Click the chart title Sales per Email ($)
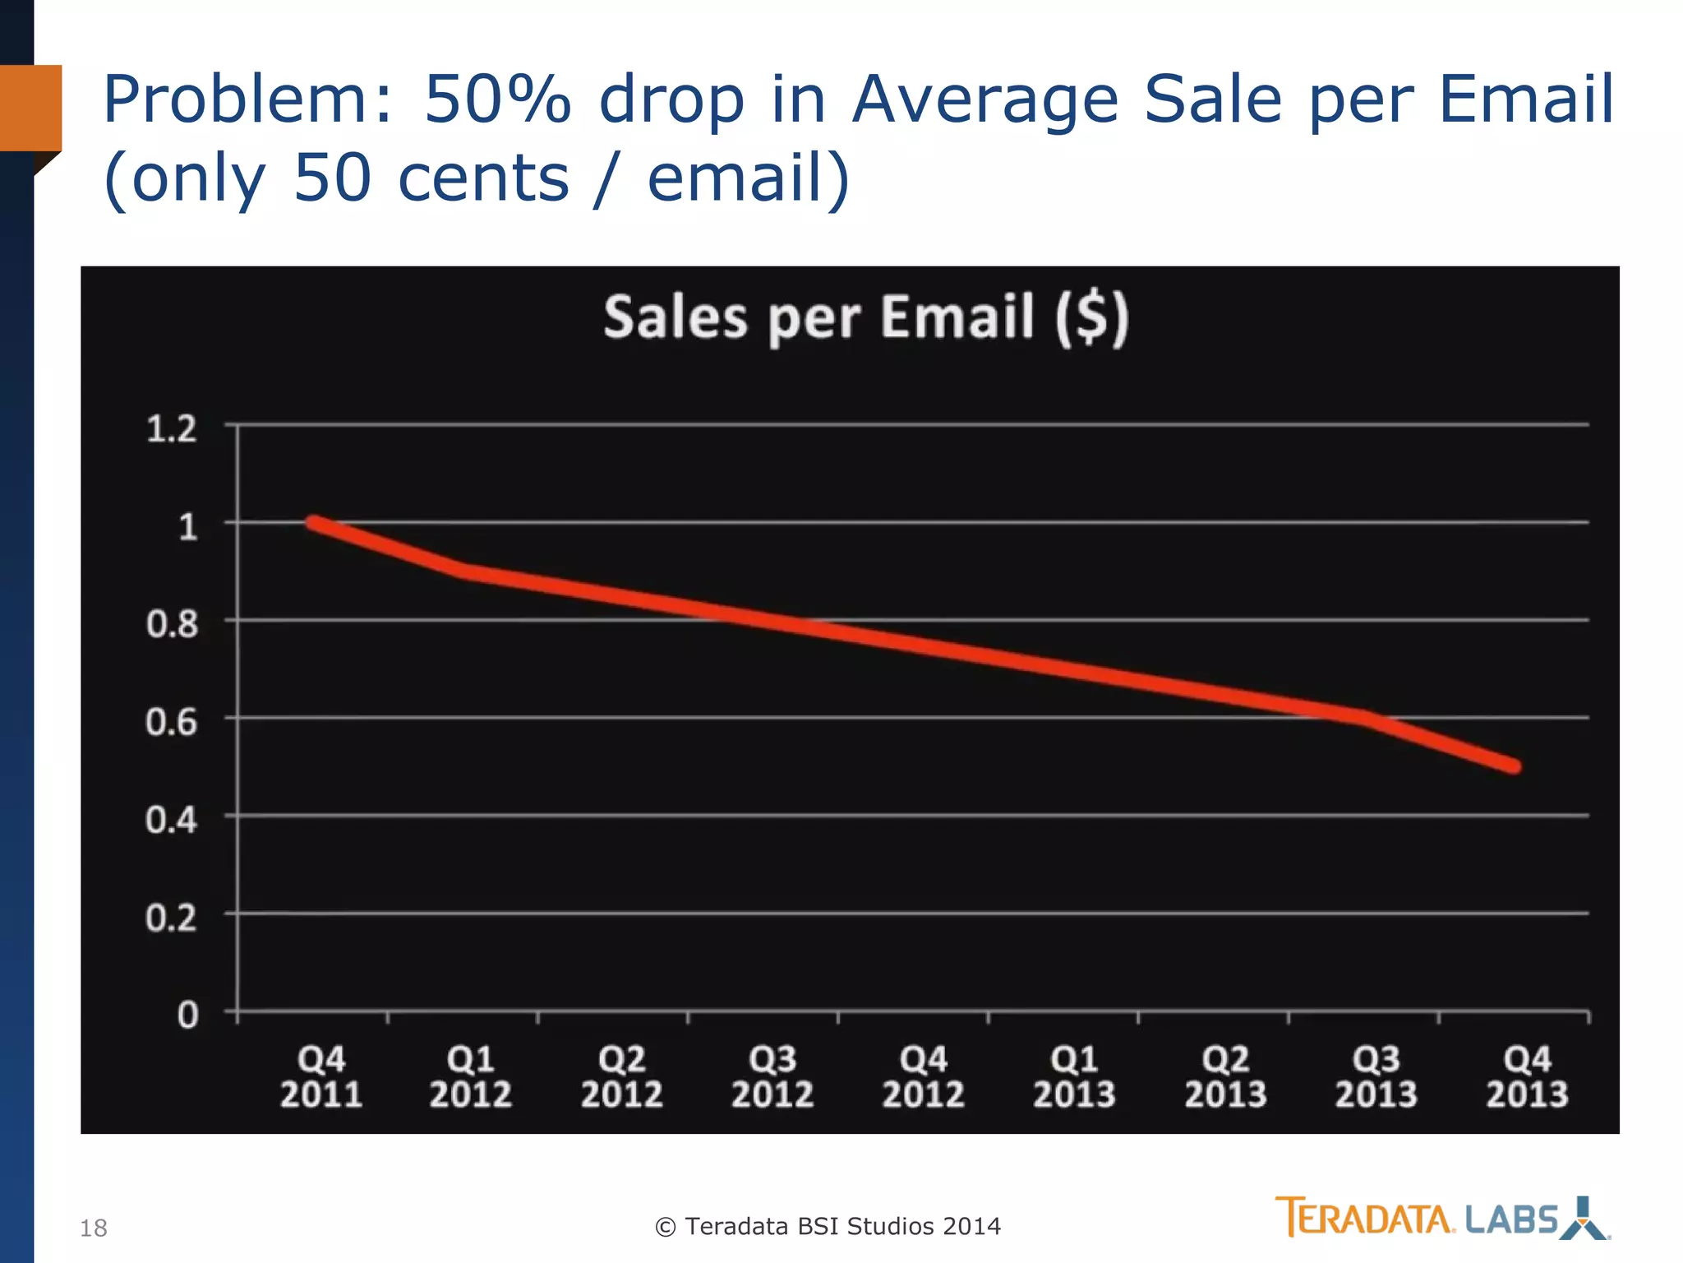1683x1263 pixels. point(866,318)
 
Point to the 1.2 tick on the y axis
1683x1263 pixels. point(172,429)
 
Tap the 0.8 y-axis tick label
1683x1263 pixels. point(172,624)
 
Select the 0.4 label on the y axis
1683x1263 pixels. point(172,820)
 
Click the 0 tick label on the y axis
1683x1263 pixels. point(188,1015)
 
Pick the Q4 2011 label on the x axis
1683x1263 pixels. point(320,1076)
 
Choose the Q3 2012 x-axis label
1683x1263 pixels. point(772,1076)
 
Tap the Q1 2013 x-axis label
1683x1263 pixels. point(1074,1076)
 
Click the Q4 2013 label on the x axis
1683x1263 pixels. point(1527,1076)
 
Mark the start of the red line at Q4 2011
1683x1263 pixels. point(314,523)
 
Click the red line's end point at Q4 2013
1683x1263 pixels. point(1514,766)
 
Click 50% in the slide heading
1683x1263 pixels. point(497,100)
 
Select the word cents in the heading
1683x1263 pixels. point(483,178)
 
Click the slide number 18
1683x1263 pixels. point(94,1228)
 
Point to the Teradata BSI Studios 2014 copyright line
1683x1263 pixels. point(828,1227)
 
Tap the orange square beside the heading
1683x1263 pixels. point(31,108)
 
